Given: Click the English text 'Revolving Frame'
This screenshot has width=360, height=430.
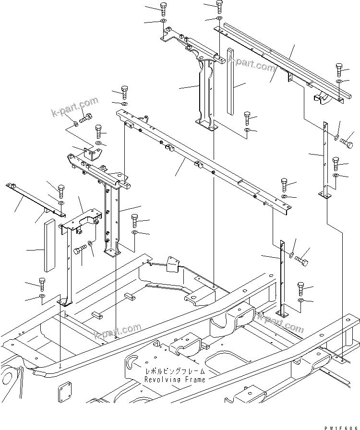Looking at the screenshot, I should pyautogui.click(x=175, y=379).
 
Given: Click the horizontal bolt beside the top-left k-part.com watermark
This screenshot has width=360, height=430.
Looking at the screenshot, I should pyautogui.click(x=86, y=117).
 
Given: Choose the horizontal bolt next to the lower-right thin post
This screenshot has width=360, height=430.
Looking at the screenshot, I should pyautogui.click(x=302, y=261).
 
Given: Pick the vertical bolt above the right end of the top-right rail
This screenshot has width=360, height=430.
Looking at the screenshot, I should pyautogui.click(x=339, y=67).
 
